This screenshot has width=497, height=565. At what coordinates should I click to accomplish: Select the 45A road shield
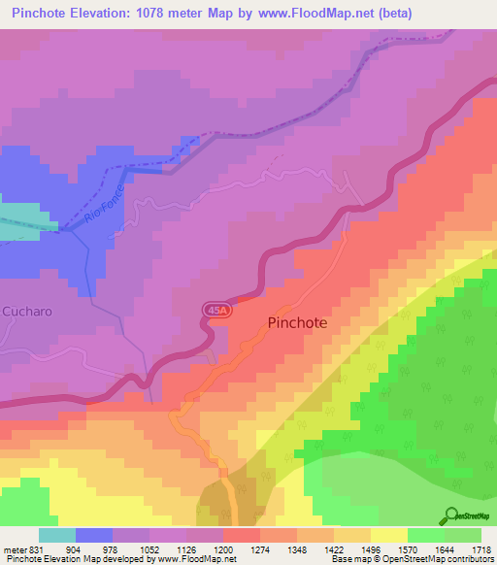click(218, 310)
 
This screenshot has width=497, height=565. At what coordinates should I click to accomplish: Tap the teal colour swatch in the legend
click(56, 535)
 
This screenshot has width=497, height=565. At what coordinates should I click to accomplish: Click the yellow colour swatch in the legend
click(388, 535)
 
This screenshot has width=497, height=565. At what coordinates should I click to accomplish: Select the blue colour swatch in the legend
click(94, 535)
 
